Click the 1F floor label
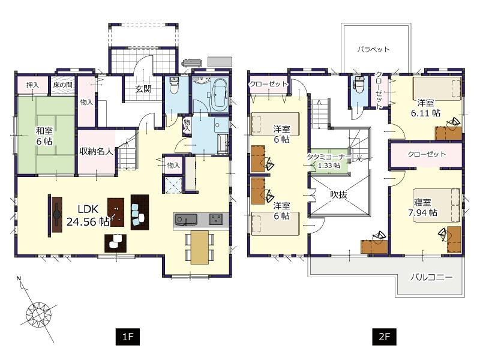[x=128, y=337]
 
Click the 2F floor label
[x=384, y=337]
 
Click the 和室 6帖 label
[x=43, y=135]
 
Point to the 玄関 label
[x=142, y=89]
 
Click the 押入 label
[x=32, y=86]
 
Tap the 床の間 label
[x=62, y=86]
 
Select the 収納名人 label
[x=97, y=151]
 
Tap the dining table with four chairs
[x=199, y=246]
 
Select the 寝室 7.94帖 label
[x=425, y=207]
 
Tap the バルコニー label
[x=431, y=277]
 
